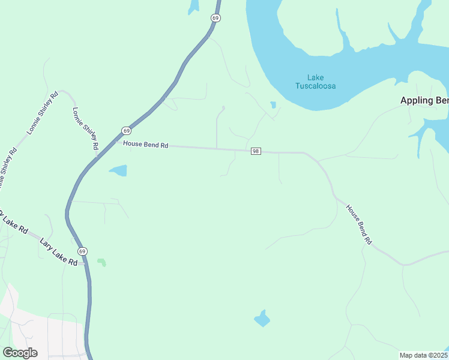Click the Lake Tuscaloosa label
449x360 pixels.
click(x=315, y=82)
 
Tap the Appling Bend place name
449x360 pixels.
click(x=424, y=100)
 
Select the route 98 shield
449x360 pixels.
click(x=256, y=151)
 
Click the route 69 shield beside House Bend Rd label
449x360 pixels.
click(x=125, y=130)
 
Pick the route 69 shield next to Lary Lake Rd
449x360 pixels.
click(x=82, y=251)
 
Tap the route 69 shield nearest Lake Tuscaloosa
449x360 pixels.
click(x=215, y=18)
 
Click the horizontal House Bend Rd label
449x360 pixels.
click(x=146, y=145)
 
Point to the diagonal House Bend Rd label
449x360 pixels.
click(x=359, y=224)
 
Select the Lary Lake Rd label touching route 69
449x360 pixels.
click(x=59, y=253)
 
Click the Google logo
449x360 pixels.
click(x=20, y=353)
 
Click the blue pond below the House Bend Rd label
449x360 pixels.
click(x=118, y=170)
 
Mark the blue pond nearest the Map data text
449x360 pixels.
click(x=262, y=318)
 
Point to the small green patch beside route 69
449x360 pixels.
click(x=101, y=262)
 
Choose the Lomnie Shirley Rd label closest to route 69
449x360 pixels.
click(x=85, y=129)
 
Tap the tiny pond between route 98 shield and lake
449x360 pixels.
click(x=273, y=105)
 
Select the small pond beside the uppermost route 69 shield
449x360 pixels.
click(x=193, y=7)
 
